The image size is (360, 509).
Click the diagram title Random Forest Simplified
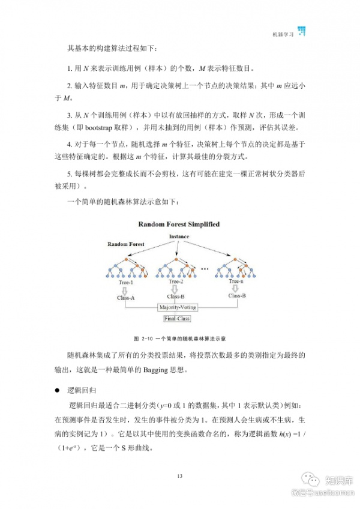[179, 224]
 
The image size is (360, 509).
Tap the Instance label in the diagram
[179, 236]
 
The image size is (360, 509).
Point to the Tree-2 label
[176, 281]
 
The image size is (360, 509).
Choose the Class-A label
[126, 297]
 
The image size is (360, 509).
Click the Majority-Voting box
[178, 307]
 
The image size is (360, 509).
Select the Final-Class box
[177, 319]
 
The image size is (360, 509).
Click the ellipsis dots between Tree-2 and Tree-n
[204, 268]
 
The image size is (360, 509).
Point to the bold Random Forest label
[126, 244]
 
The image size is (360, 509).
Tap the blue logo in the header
[302, 31]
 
